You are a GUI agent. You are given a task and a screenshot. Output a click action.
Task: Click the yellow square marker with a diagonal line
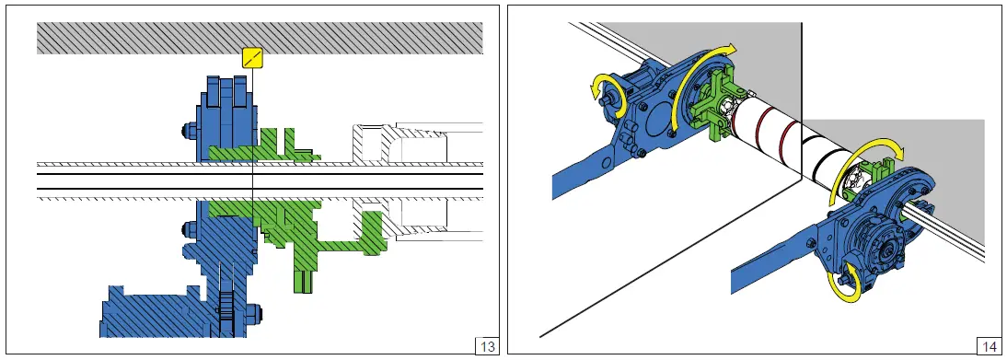(x=253, y=57)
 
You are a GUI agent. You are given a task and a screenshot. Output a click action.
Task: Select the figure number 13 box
(x=488, y=346)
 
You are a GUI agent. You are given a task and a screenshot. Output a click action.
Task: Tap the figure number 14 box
(x=988, y=346)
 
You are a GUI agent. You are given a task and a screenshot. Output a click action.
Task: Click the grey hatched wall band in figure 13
(x=260, y=38)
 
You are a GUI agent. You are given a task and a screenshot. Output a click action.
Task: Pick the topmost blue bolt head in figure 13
(x=190, y=131)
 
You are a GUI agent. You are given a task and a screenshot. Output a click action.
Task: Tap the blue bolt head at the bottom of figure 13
(x=254, y=312)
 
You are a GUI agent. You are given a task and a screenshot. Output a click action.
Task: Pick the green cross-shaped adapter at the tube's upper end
(x=712, y=106)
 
